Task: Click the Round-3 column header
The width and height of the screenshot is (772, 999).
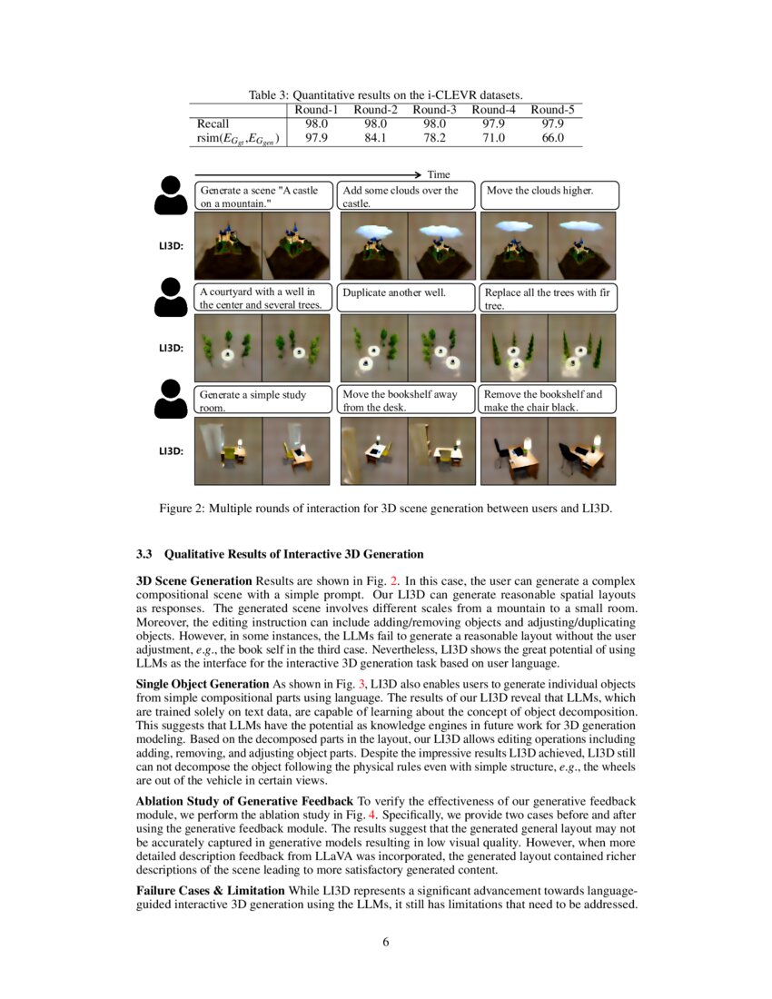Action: tap(433, 110)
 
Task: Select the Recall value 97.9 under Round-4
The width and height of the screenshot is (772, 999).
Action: tap(494, 124)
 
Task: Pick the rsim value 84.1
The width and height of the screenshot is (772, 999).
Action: tap(375, 138)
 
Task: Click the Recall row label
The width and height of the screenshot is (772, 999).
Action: tap(213, 124)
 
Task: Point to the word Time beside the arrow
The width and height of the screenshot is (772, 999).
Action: tap(439, 174)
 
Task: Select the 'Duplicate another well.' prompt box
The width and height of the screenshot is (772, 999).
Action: tap(406, 298)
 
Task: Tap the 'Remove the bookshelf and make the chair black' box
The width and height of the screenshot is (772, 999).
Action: tap(547, 401)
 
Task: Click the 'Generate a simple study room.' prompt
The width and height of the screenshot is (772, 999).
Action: tap(262, 401)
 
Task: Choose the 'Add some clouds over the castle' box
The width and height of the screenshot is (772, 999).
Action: tap(406, 196)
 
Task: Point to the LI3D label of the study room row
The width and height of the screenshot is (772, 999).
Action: tap(172, 451)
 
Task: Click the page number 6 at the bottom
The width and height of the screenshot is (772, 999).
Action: tap(386, 942)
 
